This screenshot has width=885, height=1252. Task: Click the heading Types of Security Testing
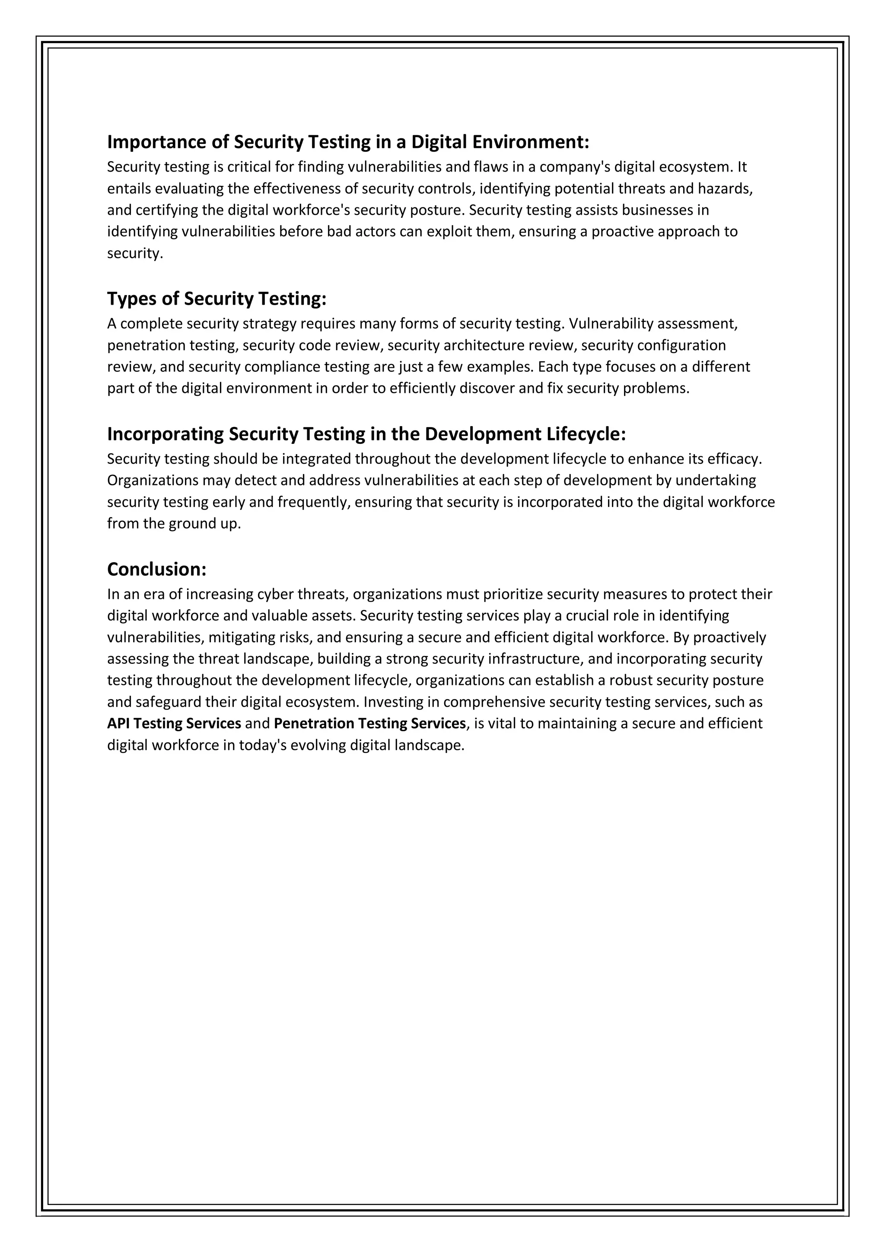coord(216,299)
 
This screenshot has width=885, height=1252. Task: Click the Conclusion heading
coord(156,569)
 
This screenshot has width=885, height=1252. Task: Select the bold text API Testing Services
coord(174,723)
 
